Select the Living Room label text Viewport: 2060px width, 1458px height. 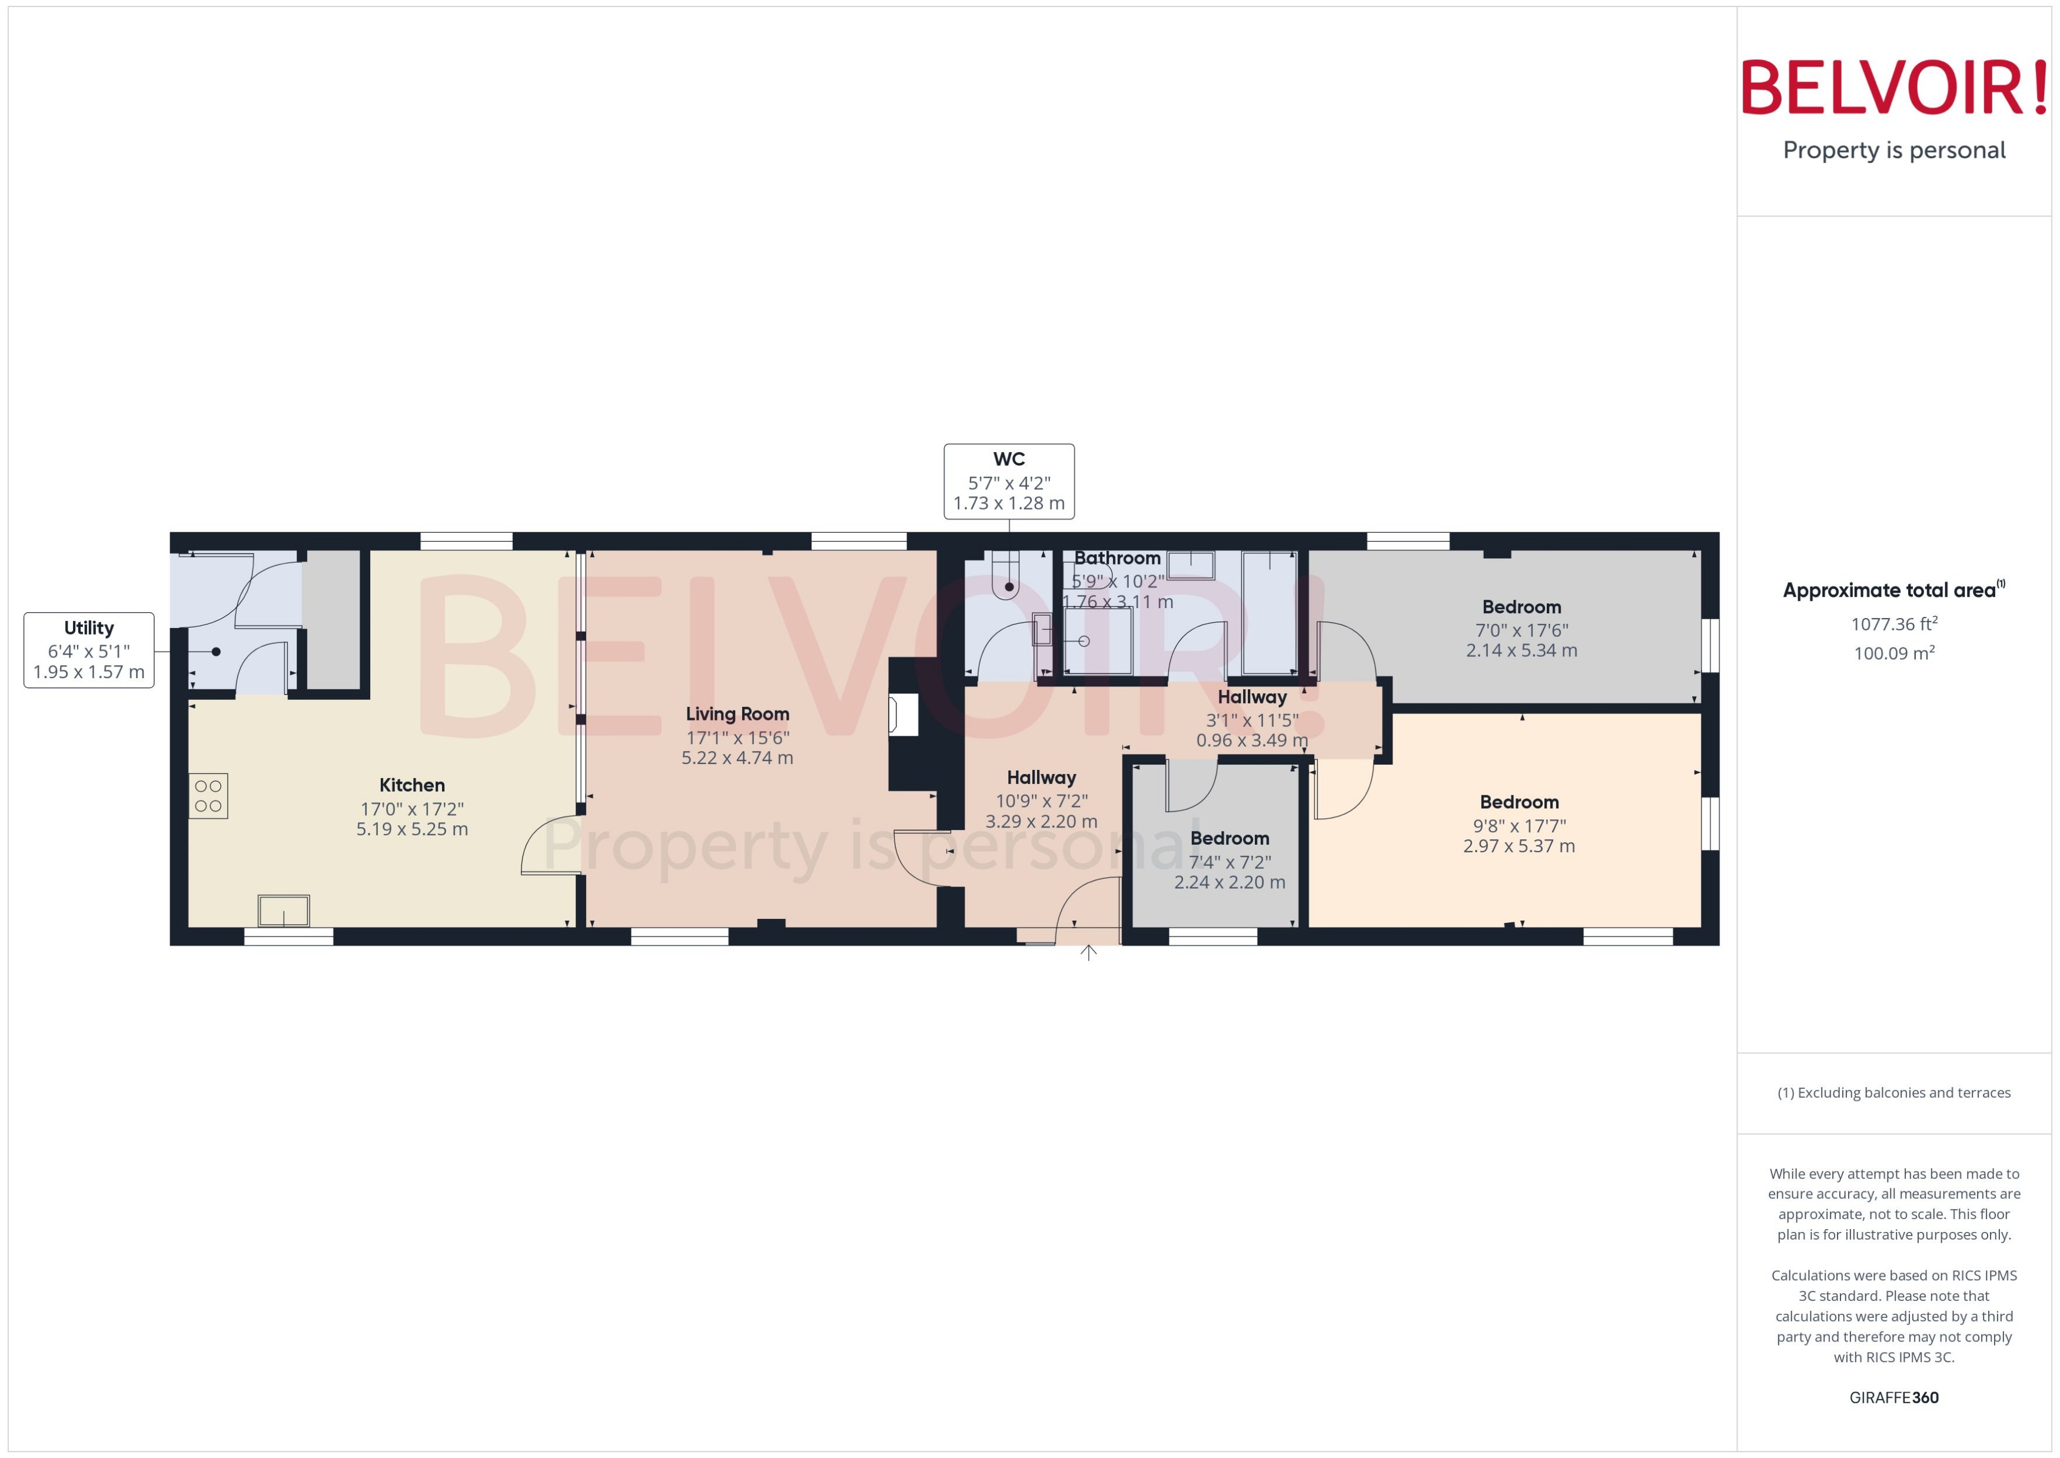click(737, 715)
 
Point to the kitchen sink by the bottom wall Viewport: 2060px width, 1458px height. click(284, 911)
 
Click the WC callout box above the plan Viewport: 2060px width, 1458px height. click(1009, 481)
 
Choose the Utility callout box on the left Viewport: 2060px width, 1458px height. click(89, 650)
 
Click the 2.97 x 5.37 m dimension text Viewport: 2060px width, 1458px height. click(1519, 846)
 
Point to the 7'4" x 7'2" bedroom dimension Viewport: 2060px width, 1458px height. click(1230, 862)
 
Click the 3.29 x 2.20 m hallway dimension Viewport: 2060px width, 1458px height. click(1041, 822)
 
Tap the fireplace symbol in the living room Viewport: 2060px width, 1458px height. click(902, 716)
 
